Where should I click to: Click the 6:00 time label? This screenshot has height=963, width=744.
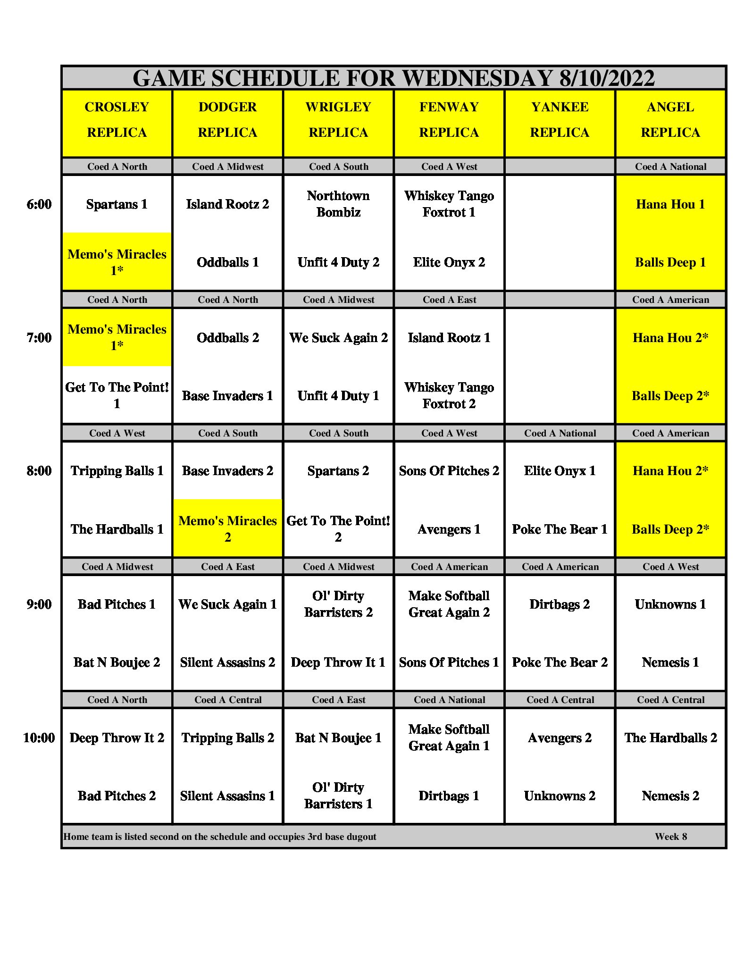coord(39,204)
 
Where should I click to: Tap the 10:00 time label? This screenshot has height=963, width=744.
coord(39,737)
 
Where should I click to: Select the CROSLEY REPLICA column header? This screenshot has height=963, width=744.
coord(117,120)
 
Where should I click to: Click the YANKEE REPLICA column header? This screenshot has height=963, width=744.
coord(560,120)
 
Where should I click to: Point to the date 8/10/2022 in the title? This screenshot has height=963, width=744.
coord(607,78)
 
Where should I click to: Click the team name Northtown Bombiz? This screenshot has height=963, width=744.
coord(338,204)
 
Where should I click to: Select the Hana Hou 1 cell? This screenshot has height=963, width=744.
coord(670,204)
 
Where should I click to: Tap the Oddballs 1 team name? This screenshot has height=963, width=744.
coord(227,262)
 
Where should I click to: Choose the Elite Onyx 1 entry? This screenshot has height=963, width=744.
coord(560,471)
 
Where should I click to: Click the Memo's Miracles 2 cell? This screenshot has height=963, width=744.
coord(227,528)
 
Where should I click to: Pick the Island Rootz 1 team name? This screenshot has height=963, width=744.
coord(449,338)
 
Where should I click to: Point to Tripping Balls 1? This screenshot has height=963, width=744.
coord(117,471)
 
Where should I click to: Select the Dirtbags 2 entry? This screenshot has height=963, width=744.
coord(560,604)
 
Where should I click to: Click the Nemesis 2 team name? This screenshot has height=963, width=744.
coord(670,796)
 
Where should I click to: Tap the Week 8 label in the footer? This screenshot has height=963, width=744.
coord(670,837)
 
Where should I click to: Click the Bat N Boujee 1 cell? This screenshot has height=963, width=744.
coord(338,738)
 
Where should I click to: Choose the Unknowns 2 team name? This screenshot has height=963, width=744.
coord(560,796)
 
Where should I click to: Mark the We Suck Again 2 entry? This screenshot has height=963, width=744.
coord(338,338)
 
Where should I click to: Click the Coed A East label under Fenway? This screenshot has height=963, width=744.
coord(449,300)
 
